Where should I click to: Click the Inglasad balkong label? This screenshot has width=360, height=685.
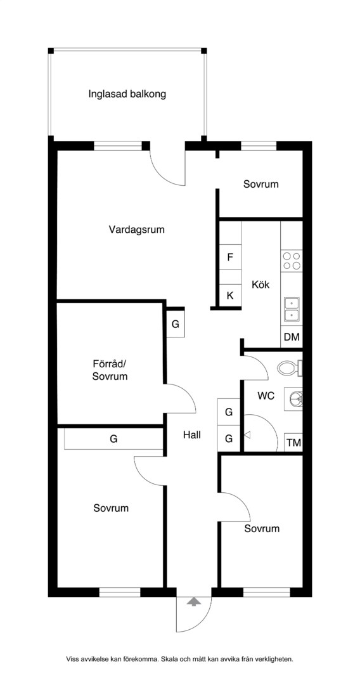click(127, 94)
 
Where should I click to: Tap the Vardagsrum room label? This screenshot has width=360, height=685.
click(136, 230)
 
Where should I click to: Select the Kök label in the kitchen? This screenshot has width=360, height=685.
click(261, 285)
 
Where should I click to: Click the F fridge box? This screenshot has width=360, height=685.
click(230, 257)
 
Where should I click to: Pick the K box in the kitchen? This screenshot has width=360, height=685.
click(230, 296)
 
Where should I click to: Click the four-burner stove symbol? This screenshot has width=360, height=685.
click(292, 261)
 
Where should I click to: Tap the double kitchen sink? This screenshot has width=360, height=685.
click(292, 310)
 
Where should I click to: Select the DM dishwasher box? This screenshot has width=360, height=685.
click(291, 337)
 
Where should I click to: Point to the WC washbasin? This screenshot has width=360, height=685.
click(295, 398)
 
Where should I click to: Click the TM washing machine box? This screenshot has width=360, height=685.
click(293, 443)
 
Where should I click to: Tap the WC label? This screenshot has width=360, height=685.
click(266, 396)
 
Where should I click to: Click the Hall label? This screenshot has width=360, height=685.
click(192, 434)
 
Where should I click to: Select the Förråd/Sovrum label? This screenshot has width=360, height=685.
click(110, 370)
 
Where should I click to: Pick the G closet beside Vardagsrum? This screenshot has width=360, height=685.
click(176, 324)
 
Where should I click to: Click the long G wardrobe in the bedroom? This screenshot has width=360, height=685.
click(113, 439)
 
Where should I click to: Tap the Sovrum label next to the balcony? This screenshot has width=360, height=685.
click(261, 184)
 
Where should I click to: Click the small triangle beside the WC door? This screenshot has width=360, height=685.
click(247, 434)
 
